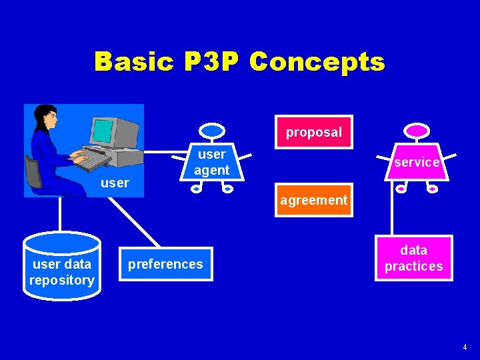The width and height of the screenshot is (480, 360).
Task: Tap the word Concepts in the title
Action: (317, 61)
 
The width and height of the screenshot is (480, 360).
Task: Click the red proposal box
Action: (314, 131)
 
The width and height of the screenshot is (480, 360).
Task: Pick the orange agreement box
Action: (313, 199)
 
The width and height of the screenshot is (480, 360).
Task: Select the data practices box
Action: (413, 258)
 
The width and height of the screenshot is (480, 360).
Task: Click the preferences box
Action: (165, 264)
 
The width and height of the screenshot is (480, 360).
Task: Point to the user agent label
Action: (211, 162)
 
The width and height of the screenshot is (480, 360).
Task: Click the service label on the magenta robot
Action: (416, 162)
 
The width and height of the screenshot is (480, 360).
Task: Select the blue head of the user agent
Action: (213, 130)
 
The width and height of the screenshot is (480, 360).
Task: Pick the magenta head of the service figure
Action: (416, 130)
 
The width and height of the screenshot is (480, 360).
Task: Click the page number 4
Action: (465, 347)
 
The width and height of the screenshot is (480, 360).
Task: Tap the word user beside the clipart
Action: (115, 183)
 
